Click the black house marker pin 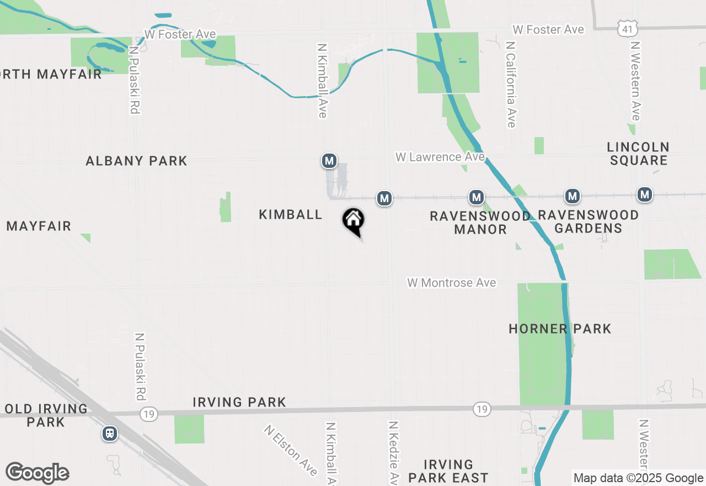tap(354, 221)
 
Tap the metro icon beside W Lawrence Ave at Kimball tap(329, 161)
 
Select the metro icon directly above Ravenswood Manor tap(477, 197)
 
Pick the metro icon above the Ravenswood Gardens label tap(573, 196)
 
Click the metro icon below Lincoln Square tap(645, 194)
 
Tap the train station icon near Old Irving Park tap(110, 434)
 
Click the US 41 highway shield tap(629, 29)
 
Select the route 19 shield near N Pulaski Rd tap(148, 414)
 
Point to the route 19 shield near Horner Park tap(482, 409)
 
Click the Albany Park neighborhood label tap(136, 161)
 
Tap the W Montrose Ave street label tap(452, 283)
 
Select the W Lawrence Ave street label tap(440, 157)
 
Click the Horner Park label tap(560, 329)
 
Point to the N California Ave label tap(510, 84)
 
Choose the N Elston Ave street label tap(291, 450)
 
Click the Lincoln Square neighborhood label tap(638, 154)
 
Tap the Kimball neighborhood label tap(290, 215)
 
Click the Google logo tap(37, 473)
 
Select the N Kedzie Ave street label tap(393, 453)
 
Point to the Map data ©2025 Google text tap(638, 478)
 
